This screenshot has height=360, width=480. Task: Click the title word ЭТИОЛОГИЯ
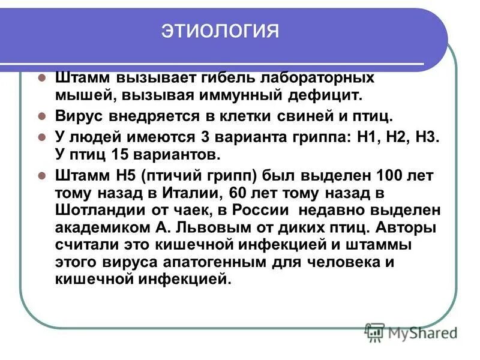(220, 31)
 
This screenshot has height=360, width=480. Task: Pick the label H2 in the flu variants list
(395, 136)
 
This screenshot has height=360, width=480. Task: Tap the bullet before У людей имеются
(41, 136)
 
